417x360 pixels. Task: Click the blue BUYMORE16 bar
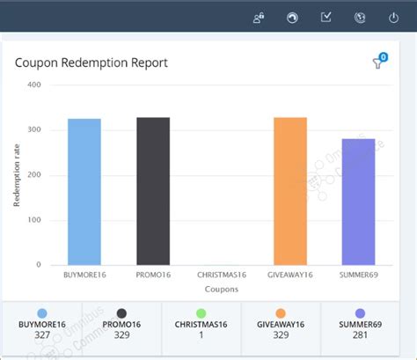[x=84, y=191]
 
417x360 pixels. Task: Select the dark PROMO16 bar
[x=152, y=190]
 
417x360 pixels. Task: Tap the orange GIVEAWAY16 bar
[x=290, y=190]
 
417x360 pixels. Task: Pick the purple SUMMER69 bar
[x=358, y=202]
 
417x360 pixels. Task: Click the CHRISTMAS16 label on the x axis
[x=221, y=275]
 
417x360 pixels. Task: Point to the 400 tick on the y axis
[x=33, y=85]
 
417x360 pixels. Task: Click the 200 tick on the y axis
[x=33, y=175]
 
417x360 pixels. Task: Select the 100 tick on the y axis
[x=33, y=220]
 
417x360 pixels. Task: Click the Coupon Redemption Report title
[x=91, y=62]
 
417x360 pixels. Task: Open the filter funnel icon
[x=379, y=62]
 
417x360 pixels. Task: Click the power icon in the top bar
[x=393, y=17]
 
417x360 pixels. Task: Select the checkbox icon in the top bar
[x=326, y=17]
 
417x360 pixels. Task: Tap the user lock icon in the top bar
[x=258, y=17]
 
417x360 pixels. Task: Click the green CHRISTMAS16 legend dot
[x=201, y=312]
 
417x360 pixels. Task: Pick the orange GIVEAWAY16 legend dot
[x=281, y=312]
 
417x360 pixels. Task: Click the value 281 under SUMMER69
[x=361, y=335]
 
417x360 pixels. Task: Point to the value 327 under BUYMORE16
[x=42, y=335]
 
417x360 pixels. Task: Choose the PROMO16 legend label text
[x=121, y=325]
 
